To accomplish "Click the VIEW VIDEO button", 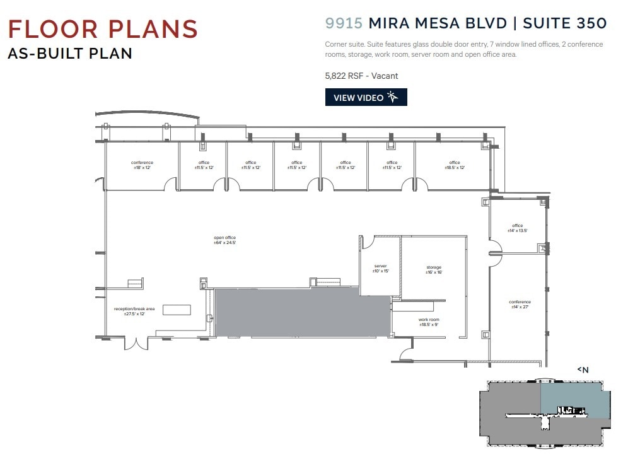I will [x=366, y=98].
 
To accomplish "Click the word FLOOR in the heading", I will [x=50, y=30].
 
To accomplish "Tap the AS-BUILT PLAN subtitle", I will [x=70, y=54].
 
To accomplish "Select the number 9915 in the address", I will [x=344, y=23].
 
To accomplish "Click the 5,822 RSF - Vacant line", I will [x=361, y=76].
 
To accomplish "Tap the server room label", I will [x=380, y=268].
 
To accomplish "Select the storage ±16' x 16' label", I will [x=434, y=270].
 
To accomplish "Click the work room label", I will [x=429, y=322].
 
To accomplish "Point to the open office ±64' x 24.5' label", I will [x=224, y=240].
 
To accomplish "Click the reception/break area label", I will [x=134, y=311].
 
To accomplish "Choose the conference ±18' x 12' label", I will [x=142, y=165].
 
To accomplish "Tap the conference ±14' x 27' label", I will [x=520, y=305].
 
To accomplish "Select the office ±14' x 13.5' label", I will [x=517, y=228].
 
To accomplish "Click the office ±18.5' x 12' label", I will [x=454, y=165].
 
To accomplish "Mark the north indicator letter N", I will [x=584, y=370].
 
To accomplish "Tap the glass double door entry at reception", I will [x=136, y=344].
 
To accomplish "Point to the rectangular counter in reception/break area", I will [x=177, y=310].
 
